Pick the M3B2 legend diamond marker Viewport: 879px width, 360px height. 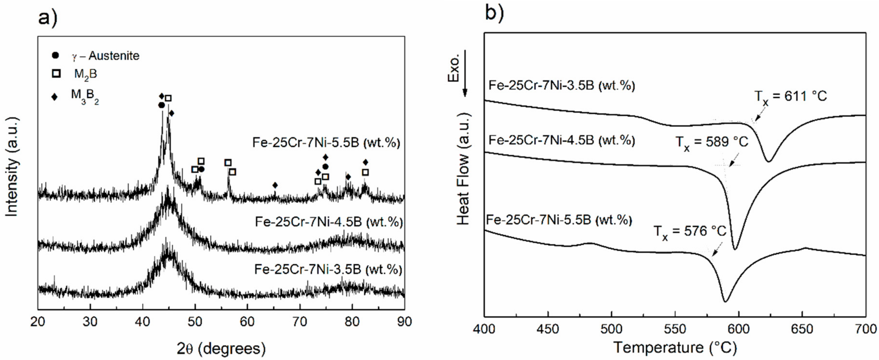point(54,97)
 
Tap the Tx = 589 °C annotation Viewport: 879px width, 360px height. point(712,142)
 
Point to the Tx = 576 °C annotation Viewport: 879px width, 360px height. point(690,232)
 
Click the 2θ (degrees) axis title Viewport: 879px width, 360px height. point(221,348)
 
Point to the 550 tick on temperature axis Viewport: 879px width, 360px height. point(675,329)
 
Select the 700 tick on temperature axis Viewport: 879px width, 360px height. point(866,329)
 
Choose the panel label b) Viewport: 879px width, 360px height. point(494,14)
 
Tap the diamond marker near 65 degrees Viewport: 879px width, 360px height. point(275,185)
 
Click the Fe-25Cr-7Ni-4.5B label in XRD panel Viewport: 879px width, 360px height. point(329,222)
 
